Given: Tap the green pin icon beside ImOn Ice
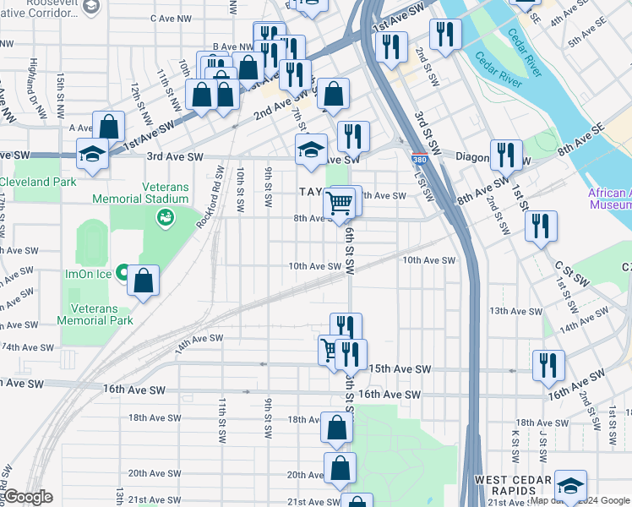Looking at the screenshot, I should [x=122, y=274].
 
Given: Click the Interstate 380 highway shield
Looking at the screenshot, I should [x=419, y=159].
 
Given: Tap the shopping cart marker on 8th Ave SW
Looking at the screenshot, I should [x=339, y=203].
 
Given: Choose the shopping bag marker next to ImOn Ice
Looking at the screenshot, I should [x=144, y=280].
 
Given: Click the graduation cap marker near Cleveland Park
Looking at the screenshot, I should [x=92, y=153].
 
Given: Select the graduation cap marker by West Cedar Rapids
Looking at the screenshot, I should [x=571, y=487].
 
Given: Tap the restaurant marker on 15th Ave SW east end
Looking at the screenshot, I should [x=548, y=364].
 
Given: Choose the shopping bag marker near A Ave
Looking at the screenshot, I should [x=110, y=127].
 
